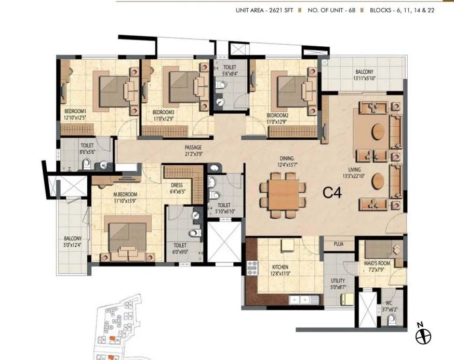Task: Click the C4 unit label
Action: (x=332, y=193)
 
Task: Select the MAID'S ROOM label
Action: (x=377, y=263)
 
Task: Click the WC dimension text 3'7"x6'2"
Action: (x=389, y=309)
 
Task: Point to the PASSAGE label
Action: (x=193, y=148)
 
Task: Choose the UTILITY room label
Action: (x=338, y=281)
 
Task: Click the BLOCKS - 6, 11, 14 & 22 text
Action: (x=402, y=10)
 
